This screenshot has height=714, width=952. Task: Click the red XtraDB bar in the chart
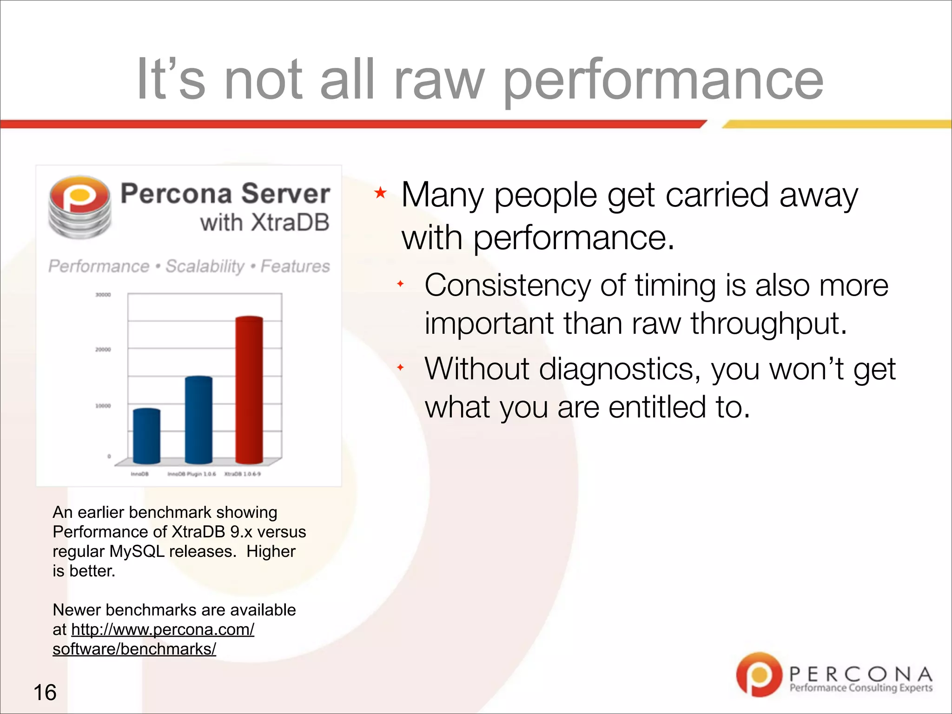pyautogui.click(x=249, y=390)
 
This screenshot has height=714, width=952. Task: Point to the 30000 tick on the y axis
pyautogui.click(x=103, y=295)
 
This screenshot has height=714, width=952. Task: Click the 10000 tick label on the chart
pyautogui.click(x=103, y=406)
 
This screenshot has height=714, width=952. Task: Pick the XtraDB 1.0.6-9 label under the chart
pyautogui.click(x=243, y=474)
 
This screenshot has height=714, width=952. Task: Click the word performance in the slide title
pyautogui.click(x=664, y=80)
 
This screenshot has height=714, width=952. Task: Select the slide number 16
pyautogui.click(x=45, y=692)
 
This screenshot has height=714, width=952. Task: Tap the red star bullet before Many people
pyautogui.click(x=380, y=192)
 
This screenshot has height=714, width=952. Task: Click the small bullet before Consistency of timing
pyautogui.click(x=400, y=284)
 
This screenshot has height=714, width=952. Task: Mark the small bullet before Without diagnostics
pyautogui.click(x=400, y=368)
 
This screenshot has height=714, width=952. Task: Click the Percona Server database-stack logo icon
pyautogui.click(x=79, y=207)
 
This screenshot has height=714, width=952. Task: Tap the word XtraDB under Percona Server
pyautogui.click(x=290, y=222)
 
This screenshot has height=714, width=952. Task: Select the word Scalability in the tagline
pyautogui.click(x=205, y=266)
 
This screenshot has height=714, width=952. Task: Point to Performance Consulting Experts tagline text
pyautogui.click(x=861, y=688)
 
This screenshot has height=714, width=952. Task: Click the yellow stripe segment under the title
pyautogui.click(x=837, y=124)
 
